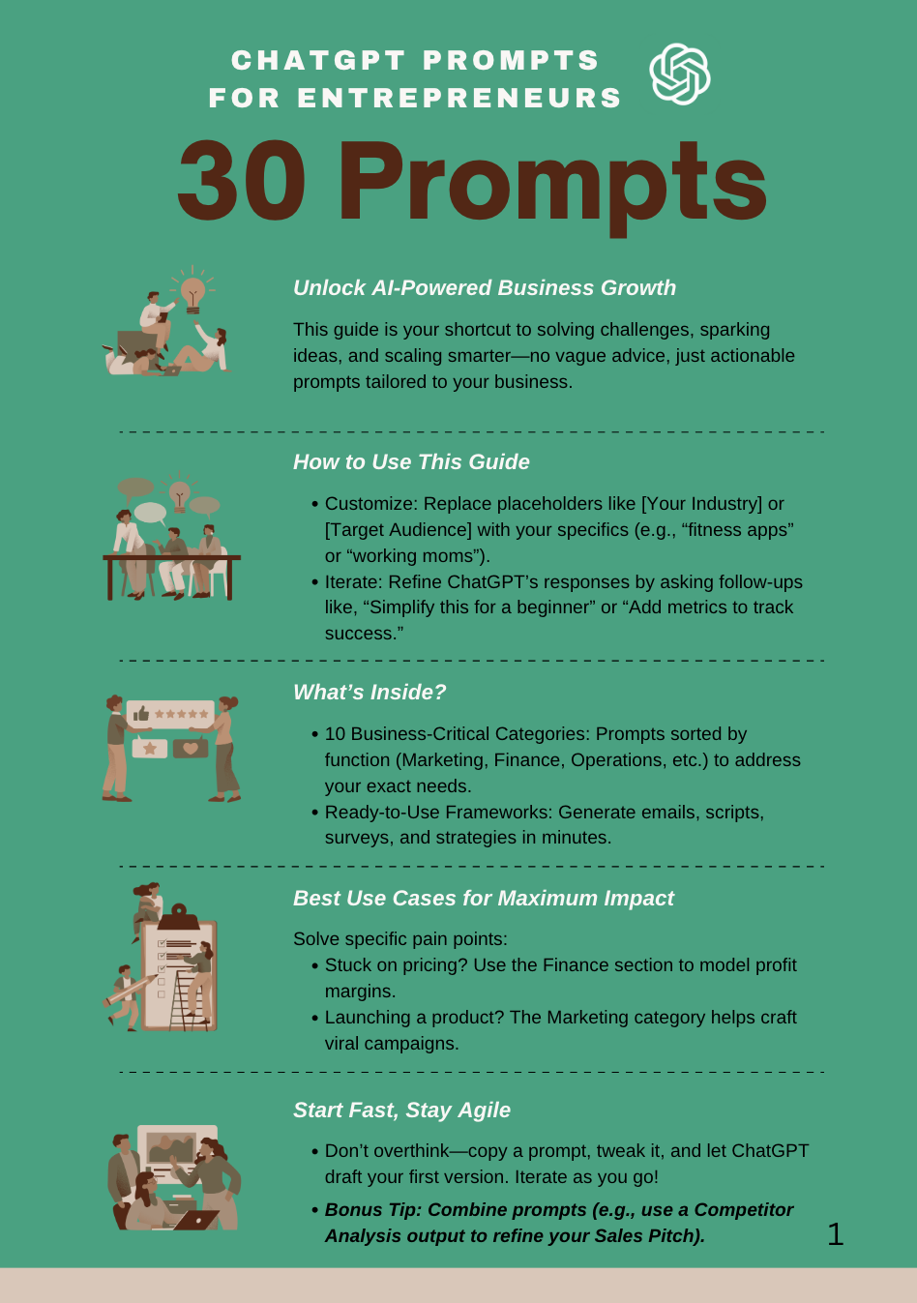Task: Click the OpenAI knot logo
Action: tap(679, 74)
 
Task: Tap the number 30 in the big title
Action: tap(242, 183)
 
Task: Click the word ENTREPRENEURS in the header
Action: tap(459, 99)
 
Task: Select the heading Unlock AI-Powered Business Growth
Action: tap(485, 288)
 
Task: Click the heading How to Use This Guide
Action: tap(411, 462)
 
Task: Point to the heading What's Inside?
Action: tap(370, 693)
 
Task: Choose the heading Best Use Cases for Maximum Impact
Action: tap(483, 899)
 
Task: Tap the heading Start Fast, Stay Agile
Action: tap(401, 1111)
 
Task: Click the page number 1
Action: tap(836, 1234)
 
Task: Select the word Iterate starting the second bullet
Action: tap(354, 582)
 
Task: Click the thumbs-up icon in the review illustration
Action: tap(141, 714)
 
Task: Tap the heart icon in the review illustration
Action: tap(191, 748)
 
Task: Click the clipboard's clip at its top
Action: tap(178, 913)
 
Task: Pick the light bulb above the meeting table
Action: tap(180, 493)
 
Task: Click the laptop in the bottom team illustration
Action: tap(198, 1220)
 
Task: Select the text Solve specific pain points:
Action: tap(399, 939)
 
